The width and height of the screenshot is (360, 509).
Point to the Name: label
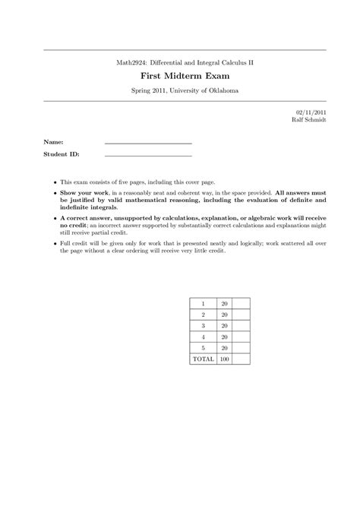(53, 141)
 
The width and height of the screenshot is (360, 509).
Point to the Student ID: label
(61, 153)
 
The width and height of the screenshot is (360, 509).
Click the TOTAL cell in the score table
(203, 358)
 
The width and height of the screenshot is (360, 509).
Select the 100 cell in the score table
(224, 358)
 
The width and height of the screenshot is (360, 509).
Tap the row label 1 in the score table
(203, 303)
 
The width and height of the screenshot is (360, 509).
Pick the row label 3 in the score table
(203, 325)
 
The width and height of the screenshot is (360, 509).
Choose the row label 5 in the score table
(203, 347)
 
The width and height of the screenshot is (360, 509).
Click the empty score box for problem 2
(242, 314)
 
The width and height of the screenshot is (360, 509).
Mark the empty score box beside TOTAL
(242, 358)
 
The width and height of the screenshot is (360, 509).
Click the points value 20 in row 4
(224, 336)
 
